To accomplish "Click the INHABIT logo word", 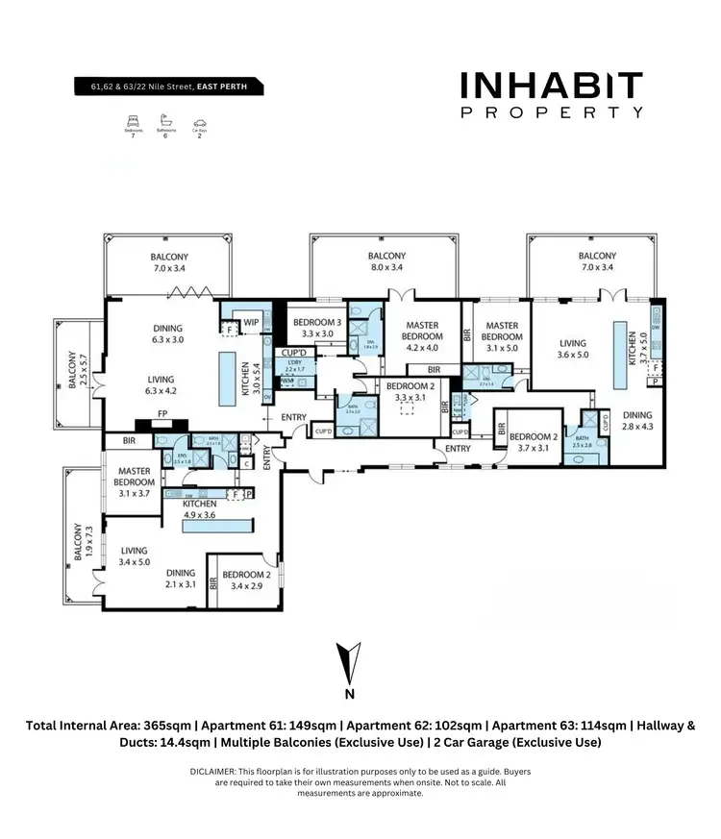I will pyautogui.click(x=551, y=86).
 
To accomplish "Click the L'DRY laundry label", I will pyautogui.click(x=294, y=365).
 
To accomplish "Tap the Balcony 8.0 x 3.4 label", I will pyautogui.click(x=385, y=262).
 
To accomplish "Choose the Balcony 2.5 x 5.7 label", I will pyautogui.click(x=73, y=370).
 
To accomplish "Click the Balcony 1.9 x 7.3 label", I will pyautogui.click(x=84, y=543).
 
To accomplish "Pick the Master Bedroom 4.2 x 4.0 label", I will pyautogui.click(x=421, y=333).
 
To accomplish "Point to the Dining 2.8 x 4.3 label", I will pyautogui.click(x=635, y=421).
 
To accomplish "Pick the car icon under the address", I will pyautogui.click(x=200, y=122).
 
